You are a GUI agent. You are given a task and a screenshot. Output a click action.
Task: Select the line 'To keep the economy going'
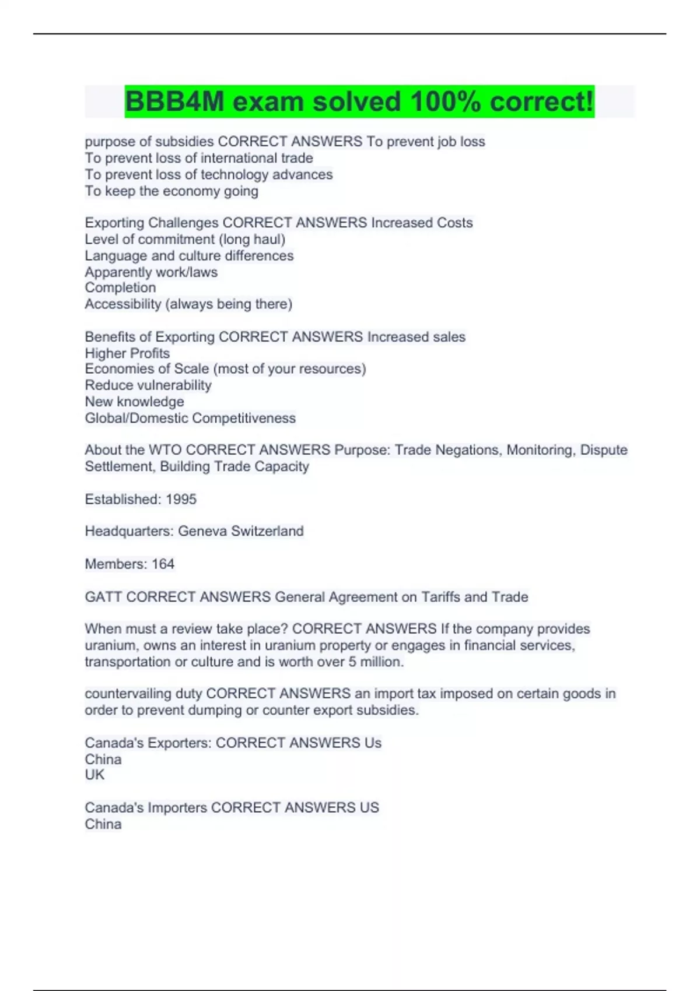click(171, 191)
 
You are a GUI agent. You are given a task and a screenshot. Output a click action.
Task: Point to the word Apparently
click(118, 272)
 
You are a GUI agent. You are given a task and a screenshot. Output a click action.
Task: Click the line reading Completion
click(120, 287)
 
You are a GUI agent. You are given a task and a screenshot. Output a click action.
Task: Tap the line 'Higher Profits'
click(127, 353)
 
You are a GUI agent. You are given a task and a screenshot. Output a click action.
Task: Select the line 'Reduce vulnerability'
click(148, 385)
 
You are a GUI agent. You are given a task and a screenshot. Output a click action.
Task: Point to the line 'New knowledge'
click(134, 402)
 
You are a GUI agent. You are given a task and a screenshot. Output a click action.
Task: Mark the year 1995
click(181, 499)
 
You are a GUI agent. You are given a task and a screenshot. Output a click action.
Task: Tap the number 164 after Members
click(163, 564)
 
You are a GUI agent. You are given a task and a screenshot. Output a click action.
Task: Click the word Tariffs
click(440, 597)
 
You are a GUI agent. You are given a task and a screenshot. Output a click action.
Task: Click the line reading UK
click(94, 775)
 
